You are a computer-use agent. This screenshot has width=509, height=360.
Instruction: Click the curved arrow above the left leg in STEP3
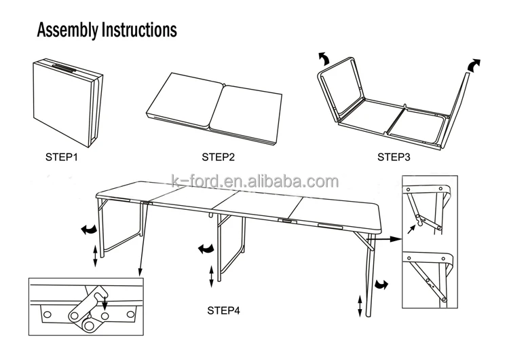[325, 58]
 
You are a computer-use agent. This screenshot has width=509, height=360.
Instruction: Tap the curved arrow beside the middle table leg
[204, 249]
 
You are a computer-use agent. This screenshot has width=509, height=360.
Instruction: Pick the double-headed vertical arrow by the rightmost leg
[360, 304]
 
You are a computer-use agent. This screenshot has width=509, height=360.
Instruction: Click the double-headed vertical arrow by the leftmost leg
[94, 257]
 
